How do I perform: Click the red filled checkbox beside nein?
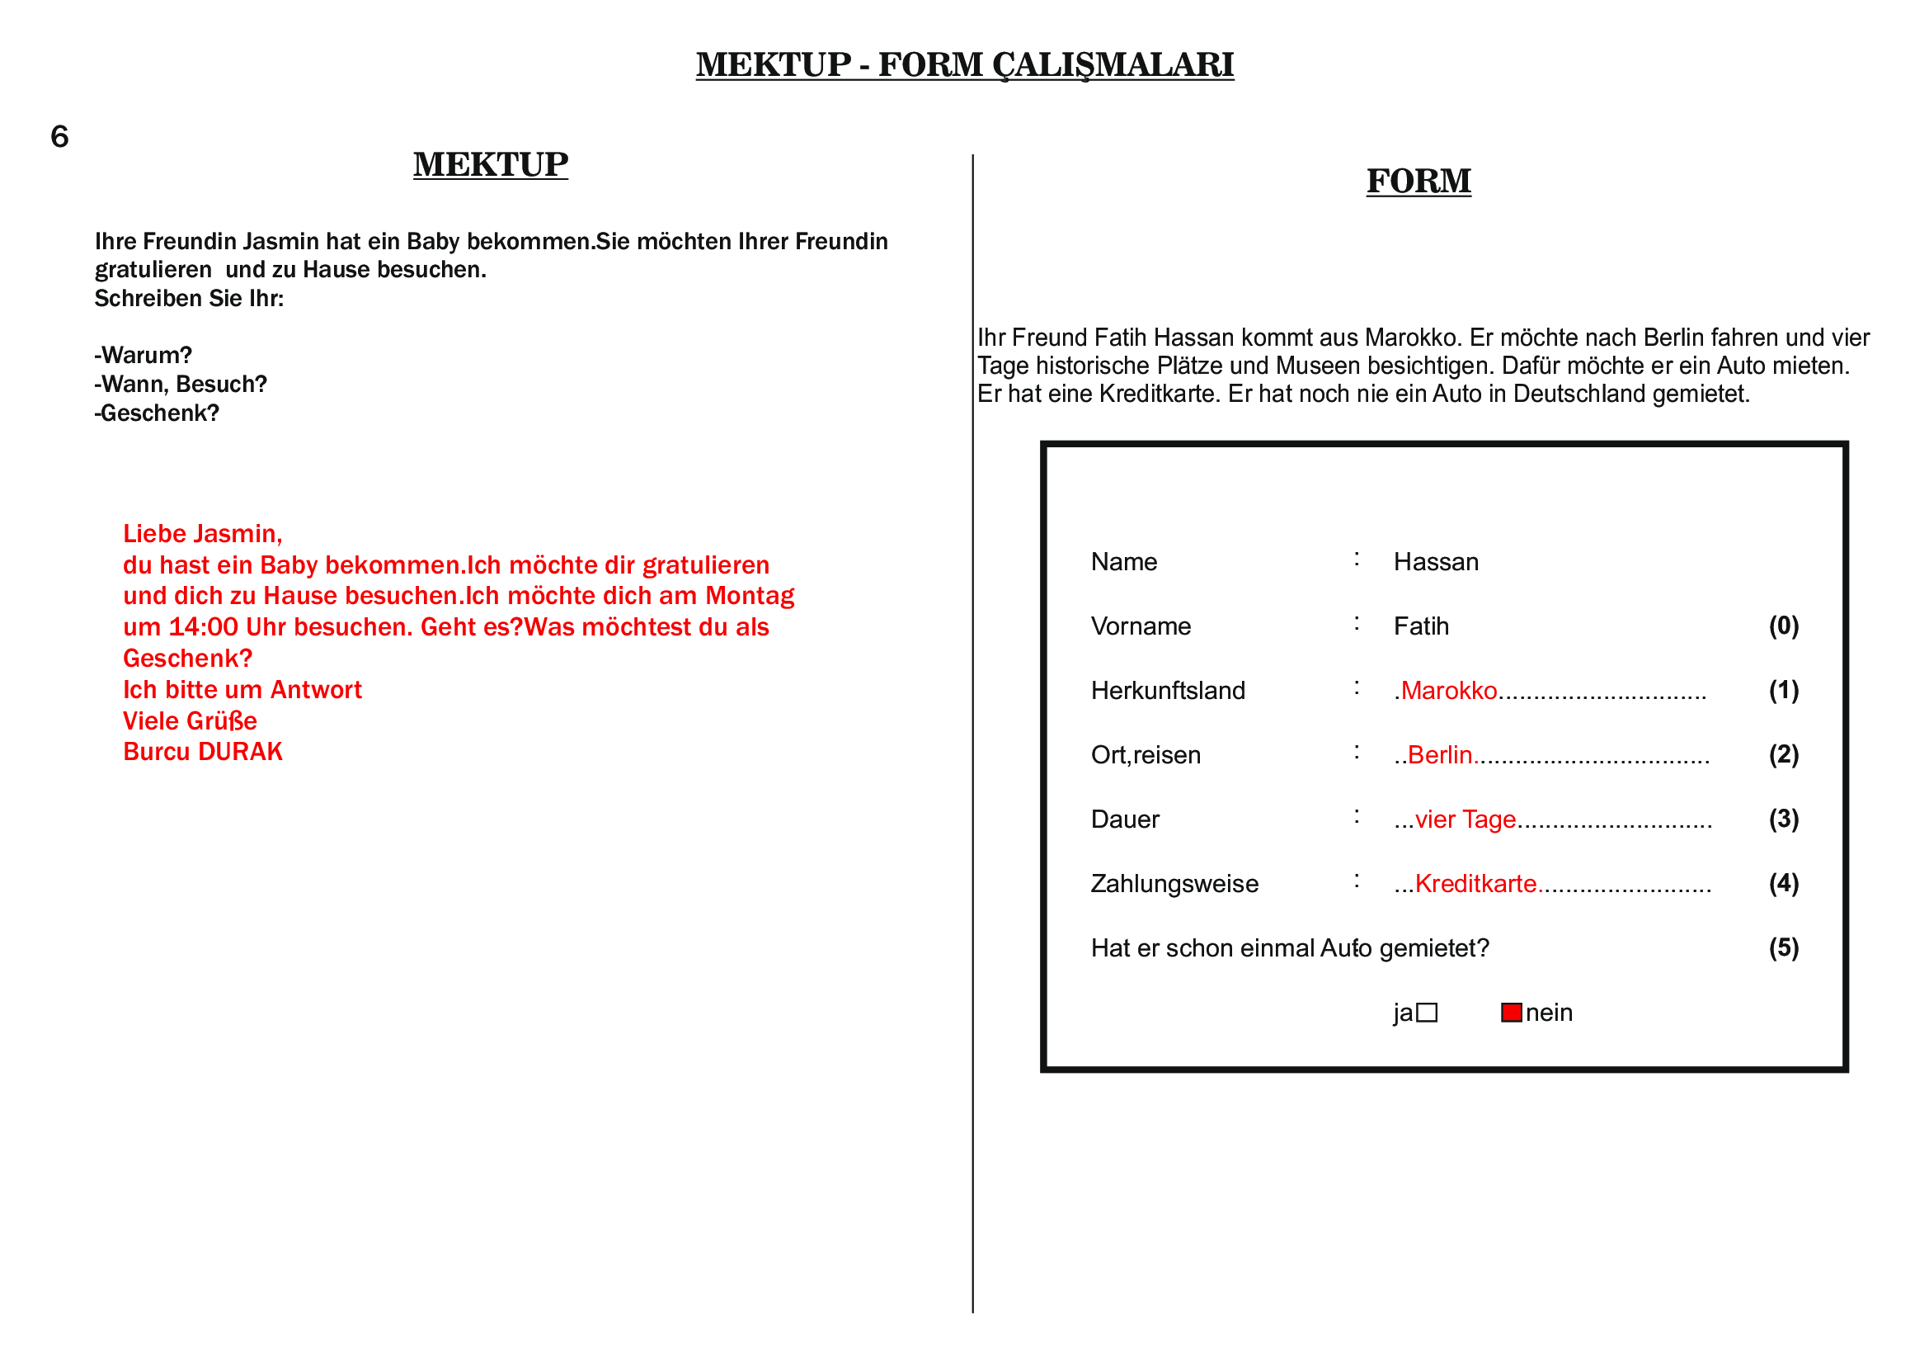click(1511, 1013)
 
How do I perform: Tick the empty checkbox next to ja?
click(1427, 1013)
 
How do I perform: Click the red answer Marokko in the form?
click(1448, 691)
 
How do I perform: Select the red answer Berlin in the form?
click(1439, 756)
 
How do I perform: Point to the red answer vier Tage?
click(1466, 819)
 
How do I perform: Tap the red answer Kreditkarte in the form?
click(1475, 884)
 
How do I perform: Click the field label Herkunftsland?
click(1168, 691)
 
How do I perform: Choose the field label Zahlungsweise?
click(1174, 884)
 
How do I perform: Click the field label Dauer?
click(1125, 819)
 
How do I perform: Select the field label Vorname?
click(1141, 627)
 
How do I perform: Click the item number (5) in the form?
click(1784, 948)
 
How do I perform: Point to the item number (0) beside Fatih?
click(1784, 626)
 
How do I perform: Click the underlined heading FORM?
click(1419, 182)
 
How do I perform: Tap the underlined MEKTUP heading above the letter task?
click(491, 165)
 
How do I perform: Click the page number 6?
click(59, 137)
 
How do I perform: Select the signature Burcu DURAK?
click(203, 753)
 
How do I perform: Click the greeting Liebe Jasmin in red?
click(203, 535)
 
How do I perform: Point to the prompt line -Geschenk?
click(158, 413)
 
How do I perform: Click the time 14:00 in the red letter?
click(204, 628)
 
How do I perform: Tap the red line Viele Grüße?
click(190, 721)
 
